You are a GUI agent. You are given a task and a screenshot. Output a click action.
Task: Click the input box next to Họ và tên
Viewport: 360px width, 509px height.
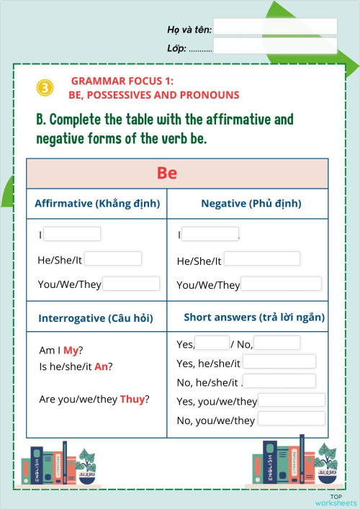[275, 27]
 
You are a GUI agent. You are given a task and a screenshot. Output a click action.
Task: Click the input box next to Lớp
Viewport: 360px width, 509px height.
[275, 47]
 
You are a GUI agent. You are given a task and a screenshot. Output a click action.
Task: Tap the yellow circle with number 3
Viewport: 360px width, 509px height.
[45, 88]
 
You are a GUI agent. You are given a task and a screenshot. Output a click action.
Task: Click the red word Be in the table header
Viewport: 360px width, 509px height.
[167, 174]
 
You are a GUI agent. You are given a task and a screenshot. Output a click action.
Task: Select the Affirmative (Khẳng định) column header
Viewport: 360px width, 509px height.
[96, 204]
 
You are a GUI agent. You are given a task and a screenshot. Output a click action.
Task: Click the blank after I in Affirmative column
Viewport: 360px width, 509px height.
[72, 234]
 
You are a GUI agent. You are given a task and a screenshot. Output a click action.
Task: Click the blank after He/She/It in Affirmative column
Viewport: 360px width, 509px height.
[113, 259]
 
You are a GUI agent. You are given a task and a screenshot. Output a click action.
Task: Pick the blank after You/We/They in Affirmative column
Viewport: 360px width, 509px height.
[131, 284]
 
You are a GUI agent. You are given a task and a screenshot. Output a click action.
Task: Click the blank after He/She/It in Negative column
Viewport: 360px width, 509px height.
[261, 259]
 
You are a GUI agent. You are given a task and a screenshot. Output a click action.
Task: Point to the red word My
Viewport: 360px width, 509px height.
[71, 351]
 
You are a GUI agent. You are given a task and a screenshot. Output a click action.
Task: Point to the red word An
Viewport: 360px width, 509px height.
[101, 366]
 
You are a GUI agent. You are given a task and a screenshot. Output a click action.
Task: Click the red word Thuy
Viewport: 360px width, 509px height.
[132, 399]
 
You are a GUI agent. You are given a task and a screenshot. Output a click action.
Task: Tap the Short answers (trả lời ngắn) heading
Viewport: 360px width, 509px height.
[254, 317]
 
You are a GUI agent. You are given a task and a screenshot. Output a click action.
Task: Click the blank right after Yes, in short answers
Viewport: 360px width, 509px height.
[212, 343]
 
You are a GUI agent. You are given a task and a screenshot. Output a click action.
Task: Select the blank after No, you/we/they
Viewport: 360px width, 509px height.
[292, 419]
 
